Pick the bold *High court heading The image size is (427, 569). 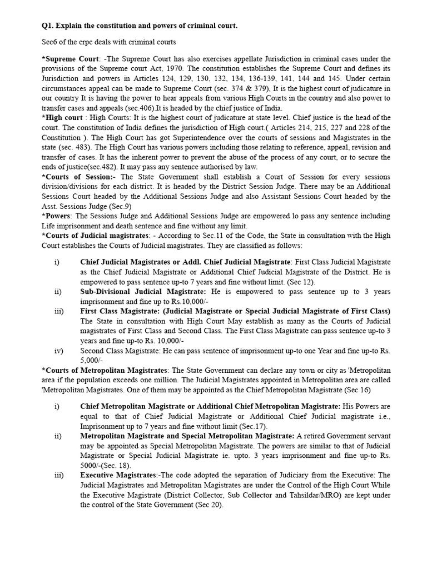pyautogui.click(x=61, y=118)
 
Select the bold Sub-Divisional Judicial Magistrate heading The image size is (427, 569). pyautogui.click(x=143, y=291)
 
